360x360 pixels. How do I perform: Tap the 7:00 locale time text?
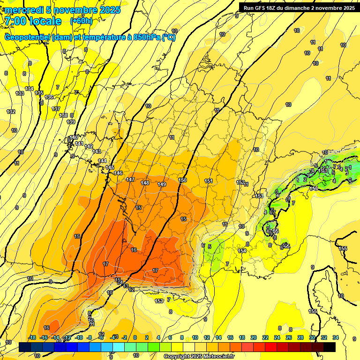(x=33, y=21)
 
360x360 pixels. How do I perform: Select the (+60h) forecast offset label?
(x=81, y=21)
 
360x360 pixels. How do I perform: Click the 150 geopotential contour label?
(x=183, y=180)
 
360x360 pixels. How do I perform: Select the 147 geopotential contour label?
(x=131, y=180)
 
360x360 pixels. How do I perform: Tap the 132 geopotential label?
(x=11, y=112)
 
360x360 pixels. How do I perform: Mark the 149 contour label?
(x=162, y=184)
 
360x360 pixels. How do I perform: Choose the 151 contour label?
(x=209, y=181)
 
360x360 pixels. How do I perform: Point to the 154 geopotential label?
(x=242, y=251)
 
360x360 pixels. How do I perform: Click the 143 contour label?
(x=97, y=151)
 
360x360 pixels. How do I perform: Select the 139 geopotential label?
(x=71, y=122)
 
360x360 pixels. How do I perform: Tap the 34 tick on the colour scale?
(x=335, y=337)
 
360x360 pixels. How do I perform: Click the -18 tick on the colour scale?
(x=32, y=337)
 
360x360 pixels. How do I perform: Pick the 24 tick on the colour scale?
(x=277, y=337)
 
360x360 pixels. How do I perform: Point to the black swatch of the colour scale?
(x=330, y=347)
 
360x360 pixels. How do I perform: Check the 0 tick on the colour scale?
(x=135, y=337)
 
